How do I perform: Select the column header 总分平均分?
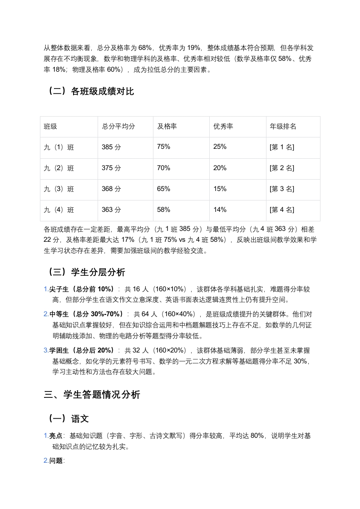click(118, 127)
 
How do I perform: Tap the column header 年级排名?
click(283, 127)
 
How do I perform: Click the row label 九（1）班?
click(59, 147)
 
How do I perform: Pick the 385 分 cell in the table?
click(112, 147)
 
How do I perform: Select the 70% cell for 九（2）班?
click(164, 168)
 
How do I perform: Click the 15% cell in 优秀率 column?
click(220, 189)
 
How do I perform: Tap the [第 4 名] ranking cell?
click(282, 210)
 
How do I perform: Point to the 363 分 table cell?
click(112, 210)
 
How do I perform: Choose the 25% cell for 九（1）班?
click(220, 147)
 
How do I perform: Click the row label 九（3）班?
click(59, 189)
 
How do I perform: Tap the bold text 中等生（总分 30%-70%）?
click(86, 314)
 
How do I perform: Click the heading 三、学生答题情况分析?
click(92, 395)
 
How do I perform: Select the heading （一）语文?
click(69, 419)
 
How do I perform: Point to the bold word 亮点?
click(56, 436)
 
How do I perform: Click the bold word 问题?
click(56, 461)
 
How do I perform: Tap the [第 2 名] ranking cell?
click(282, 168)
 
